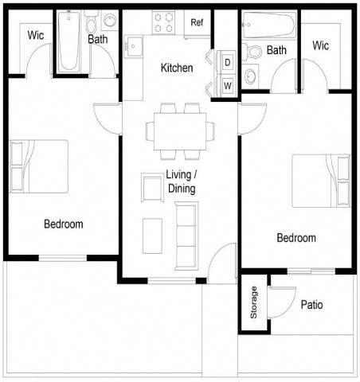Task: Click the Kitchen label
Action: point(176,68)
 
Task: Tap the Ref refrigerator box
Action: point(198,22)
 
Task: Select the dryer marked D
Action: point(227,61)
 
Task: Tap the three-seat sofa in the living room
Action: point(186,236)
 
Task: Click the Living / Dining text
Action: point(181,181)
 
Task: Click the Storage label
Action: point(254,302)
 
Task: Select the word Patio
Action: point(312,304)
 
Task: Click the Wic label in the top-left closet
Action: point(35,35)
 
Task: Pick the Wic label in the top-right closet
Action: point(321,45)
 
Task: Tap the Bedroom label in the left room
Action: point(63,224)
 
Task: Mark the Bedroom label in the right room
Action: point(295,238)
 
